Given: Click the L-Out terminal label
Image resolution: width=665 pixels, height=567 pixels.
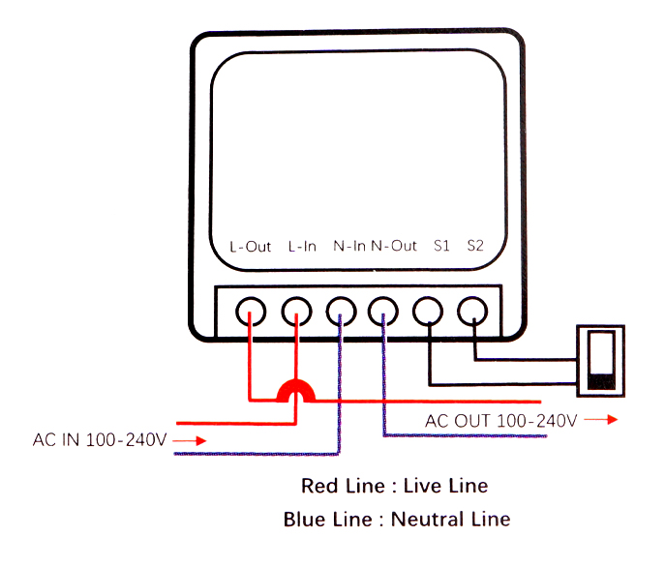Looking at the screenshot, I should pos(251,246).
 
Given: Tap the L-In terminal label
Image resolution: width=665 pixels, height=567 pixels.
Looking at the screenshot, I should pos(302,246).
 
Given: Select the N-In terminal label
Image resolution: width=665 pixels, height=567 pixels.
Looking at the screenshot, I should pos(349,246).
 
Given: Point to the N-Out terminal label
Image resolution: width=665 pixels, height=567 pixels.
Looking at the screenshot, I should pos(394,246).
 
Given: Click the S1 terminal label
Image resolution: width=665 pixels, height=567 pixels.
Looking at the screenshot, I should pos(441,246).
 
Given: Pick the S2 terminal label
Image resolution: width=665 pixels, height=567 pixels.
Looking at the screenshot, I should pos(474,246).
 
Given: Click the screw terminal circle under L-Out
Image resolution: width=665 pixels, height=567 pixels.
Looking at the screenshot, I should pos(252,311).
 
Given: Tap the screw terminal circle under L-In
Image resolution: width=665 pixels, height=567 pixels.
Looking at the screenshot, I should pos(296,311).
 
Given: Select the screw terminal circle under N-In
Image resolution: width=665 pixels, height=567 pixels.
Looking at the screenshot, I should pos(341,311).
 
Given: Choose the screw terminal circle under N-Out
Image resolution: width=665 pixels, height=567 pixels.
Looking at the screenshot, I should pos(384,311).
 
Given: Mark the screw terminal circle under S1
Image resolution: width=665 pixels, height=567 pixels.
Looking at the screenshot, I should pos(428,311).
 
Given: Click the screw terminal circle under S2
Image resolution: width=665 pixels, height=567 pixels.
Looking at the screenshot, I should pos(472,311).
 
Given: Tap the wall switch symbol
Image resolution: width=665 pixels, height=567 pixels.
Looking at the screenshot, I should pos(600,360).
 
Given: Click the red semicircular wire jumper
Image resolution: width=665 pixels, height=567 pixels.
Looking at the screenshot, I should pos(294,392).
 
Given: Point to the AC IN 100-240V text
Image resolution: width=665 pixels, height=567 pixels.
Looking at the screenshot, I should pos(101,440).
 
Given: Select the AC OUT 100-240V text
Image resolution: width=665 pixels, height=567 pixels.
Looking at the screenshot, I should pos(500,421).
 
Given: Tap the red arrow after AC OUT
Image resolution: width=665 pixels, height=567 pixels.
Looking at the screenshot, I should pos(602,421).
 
